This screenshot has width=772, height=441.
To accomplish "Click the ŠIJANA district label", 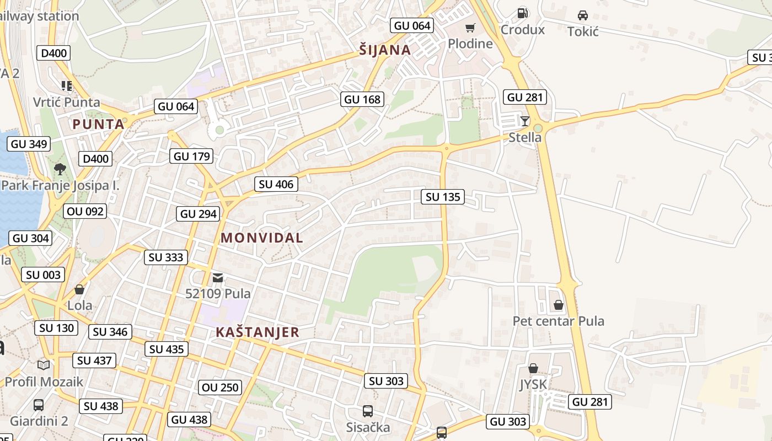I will point(385,50).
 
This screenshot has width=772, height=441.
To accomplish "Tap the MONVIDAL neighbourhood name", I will point(262,238).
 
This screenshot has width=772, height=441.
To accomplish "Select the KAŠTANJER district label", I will point(258,332).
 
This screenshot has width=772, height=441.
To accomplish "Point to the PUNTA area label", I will point(98,125).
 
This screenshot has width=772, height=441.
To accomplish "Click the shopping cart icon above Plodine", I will point(470,28).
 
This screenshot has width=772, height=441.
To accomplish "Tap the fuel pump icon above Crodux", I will point(522,13).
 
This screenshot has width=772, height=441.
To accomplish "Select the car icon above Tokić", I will point(582,15).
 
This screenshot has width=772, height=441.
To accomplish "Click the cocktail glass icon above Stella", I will point(524,121).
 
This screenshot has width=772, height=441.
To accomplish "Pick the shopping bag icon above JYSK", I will point(533,368).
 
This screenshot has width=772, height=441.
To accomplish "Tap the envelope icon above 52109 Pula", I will point(218,277).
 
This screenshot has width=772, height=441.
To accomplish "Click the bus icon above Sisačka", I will point(367,411).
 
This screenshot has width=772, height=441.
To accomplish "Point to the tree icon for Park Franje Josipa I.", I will point(60,169).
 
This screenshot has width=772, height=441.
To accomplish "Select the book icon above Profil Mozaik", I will point(44,365).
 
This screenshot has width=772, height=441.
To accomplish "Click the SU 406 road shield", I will point(276,184).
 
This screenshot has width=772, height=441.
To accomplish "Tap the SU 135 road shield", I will point(443,197).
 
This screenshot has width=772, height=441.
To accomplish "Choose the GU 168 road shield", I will point(362,99).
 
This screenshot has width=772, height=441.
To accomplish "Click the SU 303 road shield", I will point(387,381).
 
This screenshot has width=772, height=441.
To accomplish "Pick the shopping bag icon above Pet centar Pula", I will point(558,305).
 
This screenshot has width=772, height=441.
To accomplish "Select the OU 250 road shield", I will point(221,388).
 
